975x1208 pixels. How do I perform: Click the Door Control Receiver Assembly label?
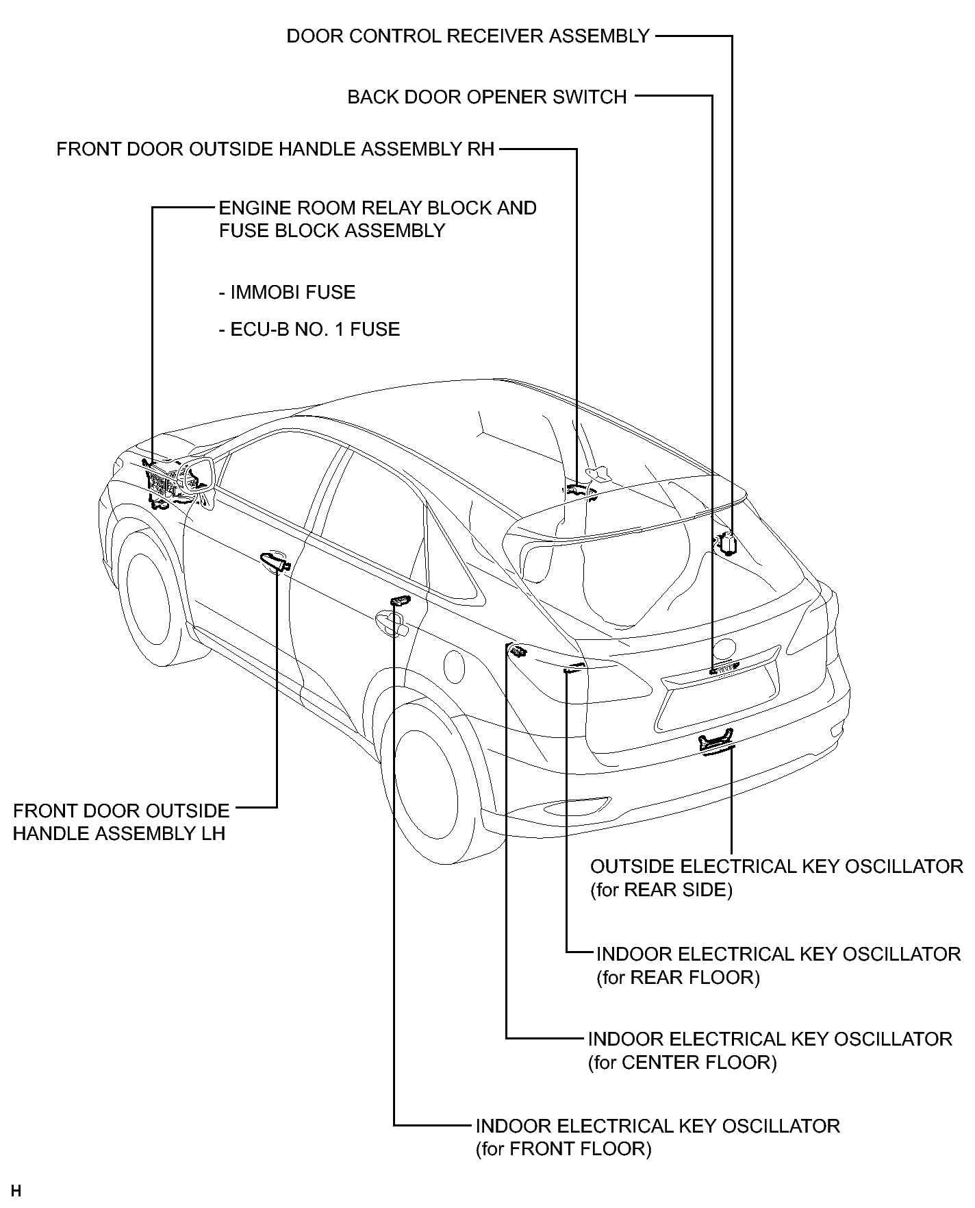point(468,36)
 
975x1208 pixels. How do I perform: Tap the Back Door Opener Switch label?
point(487,97)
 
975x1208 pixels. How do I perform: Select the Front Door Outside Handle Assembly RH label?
point(275,149)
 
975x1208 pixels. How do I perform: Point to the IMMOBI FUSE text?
point(288,293)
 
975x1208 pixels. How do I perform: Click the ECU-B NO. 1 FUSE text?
point(309,330)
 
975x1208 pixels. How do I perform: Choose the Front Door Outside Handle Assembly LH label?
point(121,822)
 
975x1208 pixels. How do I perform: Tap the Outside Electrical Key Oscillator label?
point(776,878)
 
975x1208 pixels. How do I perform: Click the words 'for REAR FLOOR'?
point(679,977)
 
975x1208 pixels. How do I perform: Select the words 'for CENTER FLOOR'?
point(683,1063)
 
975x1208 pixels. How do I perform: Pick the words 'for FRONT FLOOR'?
point(564,1148)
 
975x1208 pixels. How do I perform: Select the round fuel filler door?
point(454,665)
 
